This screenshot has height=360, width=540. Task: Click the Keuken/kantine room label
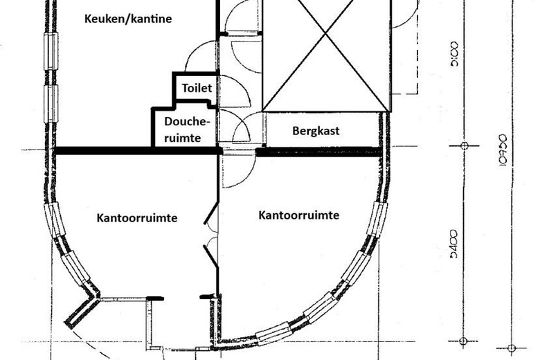(x=127, y=19)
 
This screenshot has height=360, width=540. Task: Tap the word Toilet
(x=197, y=89)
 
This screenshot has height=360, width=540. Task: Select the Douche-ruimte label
(x=187, y=129)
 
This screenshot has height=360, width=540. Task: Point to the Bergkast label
(x=316, y=130)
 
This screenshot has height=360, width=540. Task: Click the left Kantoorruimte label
(x=137, y=217)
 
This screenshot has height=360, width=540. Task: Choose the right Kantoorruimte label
(x=298, y=215)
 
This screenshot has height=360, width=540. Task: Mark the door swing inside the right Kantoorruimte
(x=235, y=170)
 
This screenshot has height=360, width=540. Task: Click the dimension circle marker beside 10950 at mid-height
(x=465, y=146)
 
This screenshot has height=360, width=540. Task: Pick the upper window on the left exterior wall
(x=51, y=52)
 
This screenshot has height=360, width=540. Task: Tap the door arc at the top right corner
(x=404, y=14)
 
